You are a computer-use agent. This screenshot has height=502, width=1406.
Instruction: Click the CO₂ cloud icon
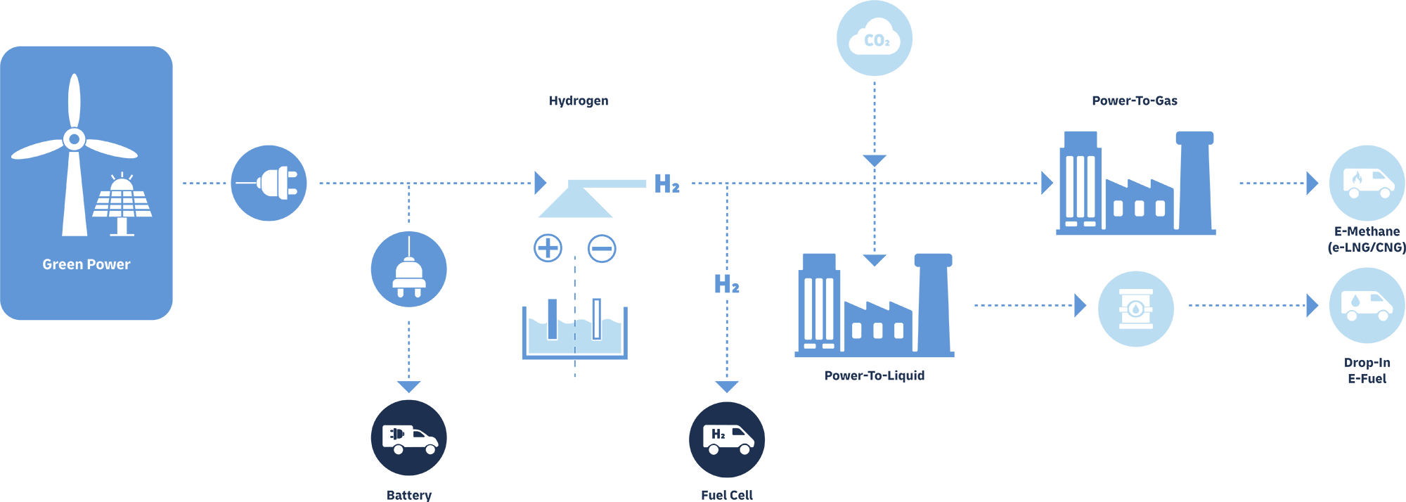875,39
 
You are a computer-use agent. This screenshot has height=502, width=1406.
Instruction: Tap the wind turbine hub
74,139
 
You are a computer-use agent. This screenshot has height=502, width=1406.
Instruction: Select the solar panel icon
122,203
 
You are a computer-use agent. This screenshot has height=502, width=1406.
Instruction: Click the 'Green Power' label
86,264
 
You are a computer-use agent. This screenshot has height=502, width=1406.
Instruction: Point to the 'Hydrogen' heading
579,101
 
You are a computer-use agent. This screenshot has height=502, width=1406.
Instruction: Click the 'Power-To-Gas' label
1134,101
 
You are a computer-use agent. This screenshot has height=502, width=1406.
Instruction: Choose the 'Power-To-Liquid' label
874,375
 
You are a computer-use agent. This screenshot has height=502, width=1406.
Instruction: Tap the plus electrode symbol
548,248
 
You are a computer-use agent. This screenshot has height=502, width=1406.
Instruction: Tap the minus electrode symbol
602,248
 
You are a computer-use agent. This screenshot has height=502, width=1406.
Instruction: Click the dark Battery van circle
408,437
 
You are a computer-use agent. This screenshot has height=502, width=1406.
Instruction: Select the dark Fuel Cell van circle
727,439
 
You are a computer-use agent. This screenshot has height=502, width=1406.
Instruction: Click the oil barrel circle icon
1135,309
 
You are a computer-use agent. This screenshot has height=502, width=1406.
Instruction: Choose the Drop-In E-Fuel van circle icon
1367,305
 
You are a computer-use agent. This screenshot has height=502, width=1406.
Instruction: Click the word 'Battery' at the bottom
408,495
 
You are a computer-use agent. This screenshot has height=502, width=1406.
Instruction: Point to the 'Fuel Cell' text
727,495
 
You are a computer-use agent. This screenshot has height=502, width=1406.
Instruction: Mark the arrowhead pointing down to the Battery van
408,387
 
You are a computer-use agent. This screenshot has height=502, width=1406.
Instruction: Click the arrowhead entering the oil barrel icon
1081,305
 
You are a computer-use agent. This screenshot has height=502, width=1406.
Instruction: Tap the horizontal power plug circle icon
269,184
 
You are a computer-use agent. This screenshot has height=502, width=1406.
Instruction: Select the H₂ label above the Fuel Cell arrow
727,284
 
